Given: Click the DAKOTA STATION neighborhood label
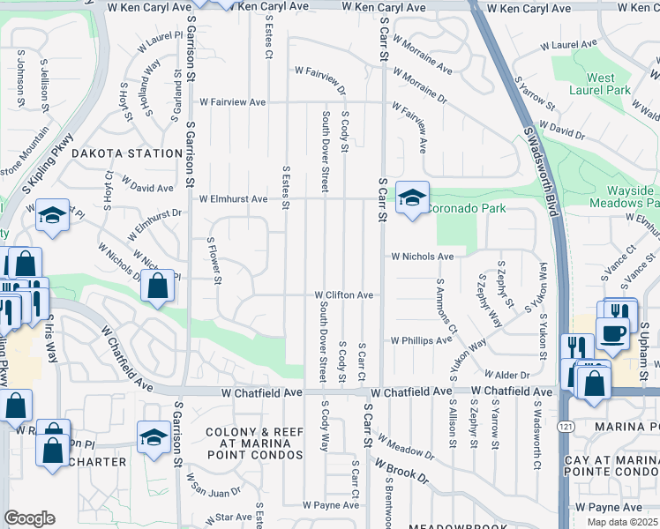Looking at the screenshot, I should (x=126, y=153).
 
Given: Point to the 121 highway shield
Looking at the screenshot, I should (x=566, y=427).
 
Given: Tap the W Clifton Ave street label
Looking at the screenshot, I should (x=345, y=295).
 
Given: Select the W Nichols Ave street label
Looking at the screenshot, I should (x=423, y=257).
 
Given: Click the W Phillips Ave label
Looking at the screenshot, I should (x=421, y=339).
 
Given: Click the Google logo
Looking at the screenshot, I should (x=29, y=518).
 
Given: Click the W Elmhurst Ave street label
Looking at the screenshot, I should (x=233, y=199).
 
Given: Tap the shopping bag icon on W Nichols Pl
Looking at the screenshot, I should (x=157, y=287).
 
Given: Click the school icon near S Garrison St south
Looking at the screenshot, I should (x=154, y=436).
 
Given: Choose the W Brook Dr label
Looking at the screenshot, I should (x=401, y=470).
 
